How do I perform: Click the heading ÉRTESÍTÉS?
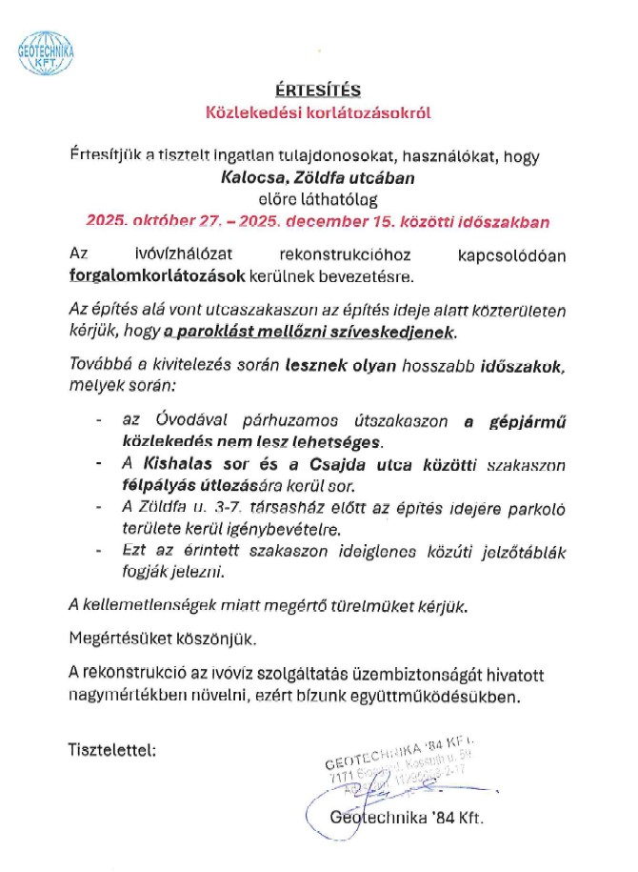pos(318,91)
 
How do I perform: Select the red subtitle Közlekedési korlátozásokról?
pos(319,112)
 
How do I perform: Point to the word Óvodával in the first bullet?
pos(181,420)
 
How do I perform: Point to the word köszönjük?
pos(213,638)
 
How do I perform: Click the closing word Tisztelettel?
pos(111,748)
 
